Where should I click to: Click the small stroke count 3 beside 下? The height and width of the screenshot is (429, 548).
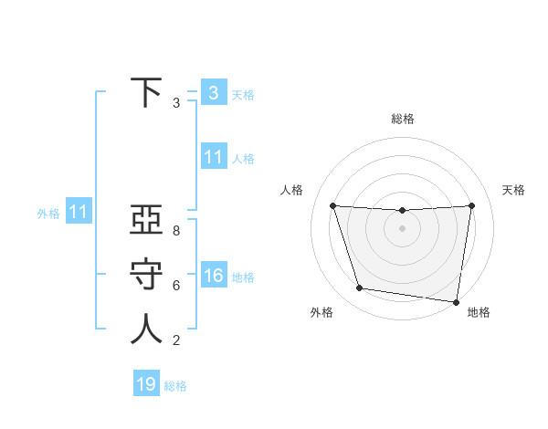pos(176,103)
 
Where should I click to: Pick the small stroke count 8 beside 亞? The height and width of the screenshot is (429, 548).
pos(176,231)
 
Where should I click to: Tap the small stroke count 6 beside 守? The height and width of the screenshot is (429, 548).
pos(176,286)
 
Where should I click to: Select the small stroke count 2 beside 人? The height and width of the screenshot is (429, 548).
pos(176,340)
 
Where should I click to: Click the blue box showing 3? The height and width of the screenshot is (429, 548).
pos(213,92)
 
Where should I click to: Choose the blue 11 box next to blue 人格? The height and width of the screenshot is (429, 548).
pos(213,157)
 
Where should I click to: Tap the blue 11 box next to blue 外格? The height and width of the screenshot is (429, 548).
pos(78,212)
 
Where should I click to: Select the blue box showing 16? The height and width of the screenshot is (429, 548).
pos(213,276)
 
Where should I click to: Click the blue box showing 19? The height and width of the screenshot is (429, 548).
pos(146,384)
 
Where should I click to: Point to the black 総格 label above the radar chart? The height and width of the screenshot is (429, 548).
pos(403,119)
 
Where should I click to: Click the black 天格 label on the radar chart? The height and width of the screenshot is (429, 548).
pos(514,190)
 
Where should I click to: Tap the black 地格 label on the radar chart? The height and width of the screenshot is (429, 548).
pos(479,312)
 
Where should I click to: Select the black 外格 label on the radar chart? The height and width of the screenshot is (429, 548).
pos(321,312)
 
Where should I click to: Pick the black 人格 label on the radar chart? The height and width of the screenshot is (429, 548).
pos(291,190)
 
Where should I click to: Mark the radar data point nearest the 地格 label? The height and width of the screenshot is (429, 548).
pos(456,301)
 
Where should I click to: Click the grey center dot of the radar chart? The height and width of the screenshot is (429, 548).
pos(402,228)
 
